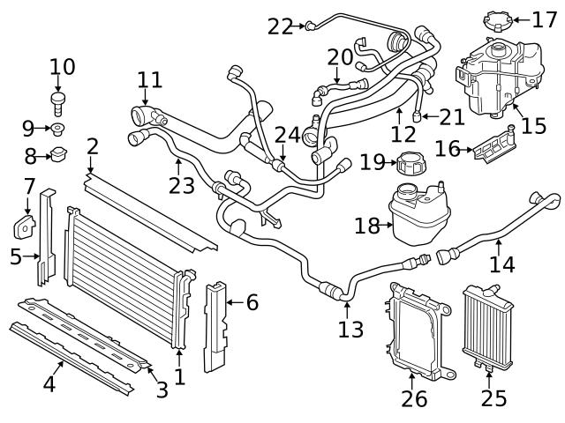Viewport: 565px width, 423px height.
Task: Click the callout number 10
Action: click(63, 66)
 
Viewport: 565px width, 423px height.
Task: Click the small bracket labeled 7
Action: click(24, 225)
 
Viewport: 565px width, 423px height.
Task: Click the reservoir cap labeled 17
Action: click(497, 19)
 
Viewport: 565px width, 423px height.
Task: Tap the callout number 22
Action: click(281, 26)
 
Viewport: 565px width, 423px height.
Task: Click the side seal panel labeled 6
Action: click(217, 326)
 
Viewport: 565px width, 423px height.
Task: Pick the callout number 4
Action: click(49, 383)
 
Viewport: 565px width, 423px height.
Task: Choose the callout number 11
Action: click(150, 80)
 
